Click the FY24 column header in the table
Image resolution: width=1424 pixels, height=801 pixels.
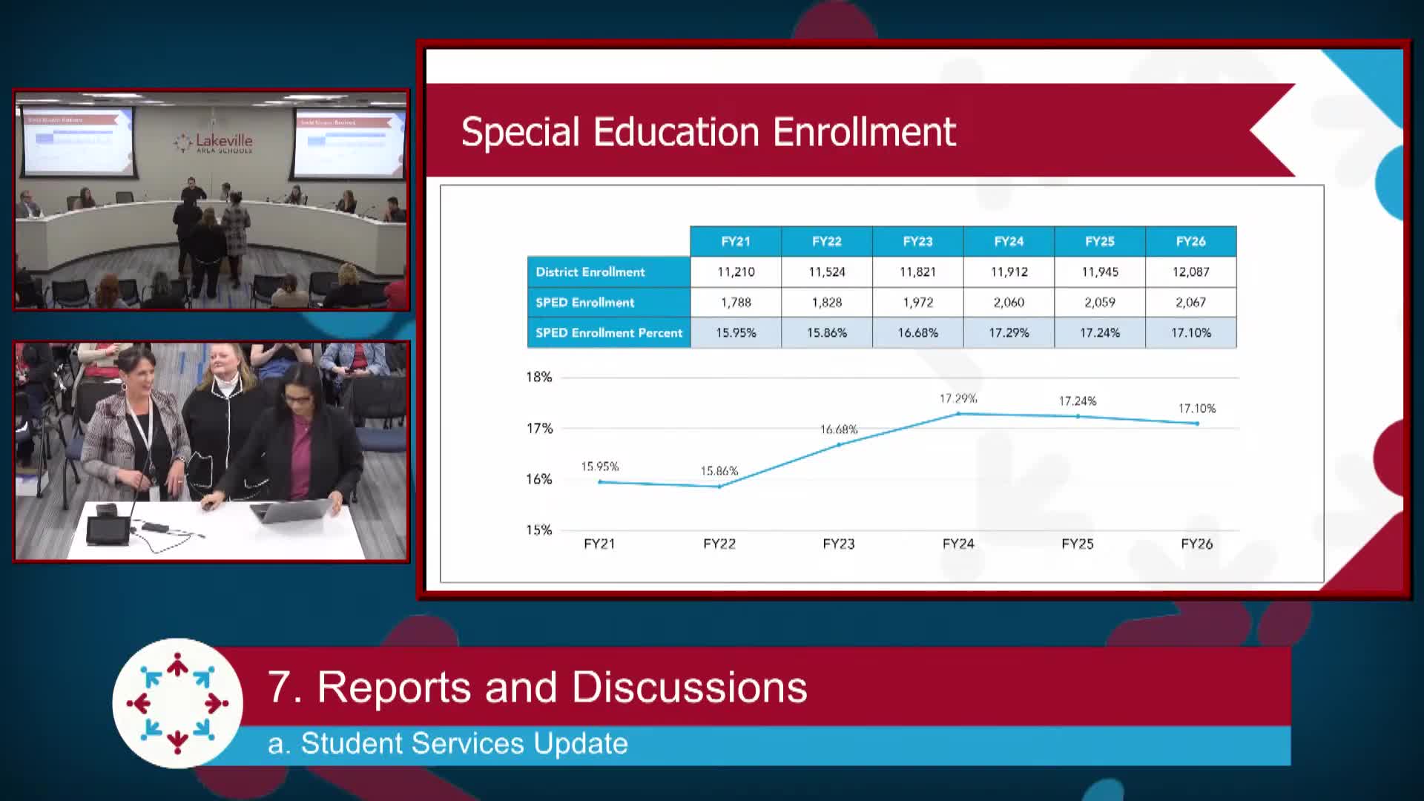point(1009,241)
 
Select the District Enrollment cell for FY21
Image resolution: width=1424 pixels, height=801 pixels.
point(736,272)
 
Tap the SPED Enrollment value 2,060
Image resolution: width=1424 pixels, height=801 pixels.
point(1009,303)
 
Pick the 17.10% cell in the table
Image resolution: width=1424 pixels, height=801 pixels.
point(1190,333)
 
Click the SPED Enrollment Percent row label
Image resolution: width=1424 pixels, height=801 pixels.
point(608,333)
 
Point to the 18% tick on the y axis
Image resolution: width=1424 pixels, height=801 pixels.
point(539,377)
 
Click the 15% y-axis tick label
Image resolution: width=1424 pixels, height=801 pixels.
point(539,530)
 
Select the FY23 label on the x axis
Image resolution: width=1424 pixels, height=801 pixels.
point(839,544)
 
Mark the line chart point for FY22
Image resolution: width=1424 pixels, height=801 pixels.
point(719,487)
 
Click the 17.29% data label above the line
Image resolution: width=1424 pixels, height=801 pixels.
point(958,399)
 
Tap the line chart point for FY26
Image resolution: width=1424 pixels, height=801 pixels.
point(1197,423)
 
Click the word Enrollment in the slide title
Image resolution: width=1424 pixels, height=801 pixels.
point(864,132)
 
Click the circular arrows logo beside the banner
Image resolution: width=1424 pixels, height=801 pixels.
point(177,703)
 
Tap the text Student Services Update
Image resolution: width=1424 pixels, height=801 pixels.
point(464,744)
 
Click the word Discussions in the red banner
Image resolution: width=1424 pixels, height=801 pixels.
point(690,687)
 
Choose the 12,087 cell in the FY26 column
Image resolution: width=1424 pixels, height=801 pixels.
point(1190,272)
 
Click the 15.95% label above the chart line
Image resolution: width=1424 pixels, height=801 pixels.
point(599,467)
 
